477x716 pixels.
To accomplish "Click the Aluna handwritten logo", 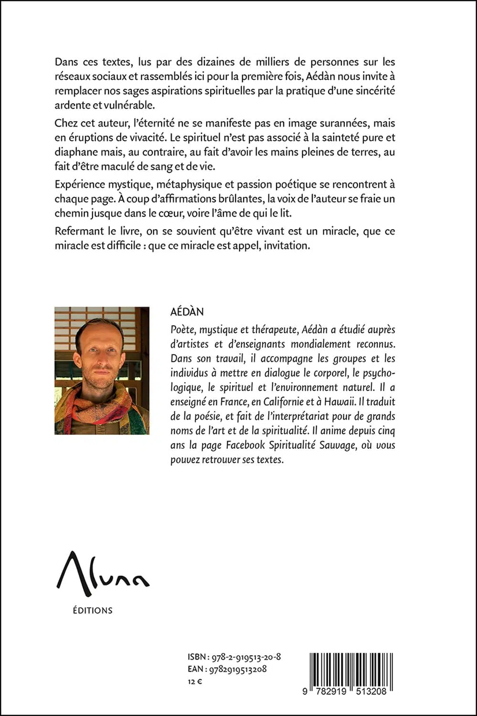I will point(102,574).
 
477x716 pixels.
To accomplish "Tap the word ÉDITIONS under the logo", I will point(93,610).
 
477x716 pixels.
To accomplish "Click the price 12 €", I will point(195,682).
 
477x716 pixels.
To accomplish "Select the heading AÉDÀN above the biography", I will point(187,312).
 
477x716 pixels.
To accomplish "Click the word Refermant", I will point(79,231).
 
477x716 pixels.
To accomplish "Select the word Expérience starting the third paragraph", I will point(78,184).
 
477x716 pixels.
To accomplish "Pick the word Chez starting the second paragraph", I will point(65,123).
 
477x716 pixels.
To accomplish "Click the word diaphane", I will point(76,152).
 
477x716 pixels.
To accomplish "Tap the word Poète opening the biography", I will point(182,329).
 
